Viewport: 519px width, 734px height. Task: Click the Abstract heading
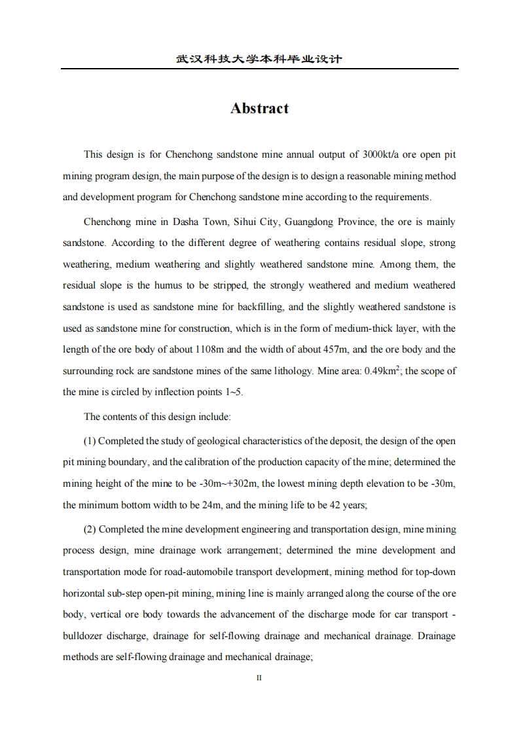(x=259, y=109)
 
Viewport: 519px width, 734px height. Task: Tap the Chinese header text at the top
(x=259, y=59)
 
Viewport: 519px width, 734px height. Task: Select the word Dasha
(x=205, y=222)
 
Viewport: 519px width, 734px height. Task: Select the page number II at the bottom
(x=259, y=678)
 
